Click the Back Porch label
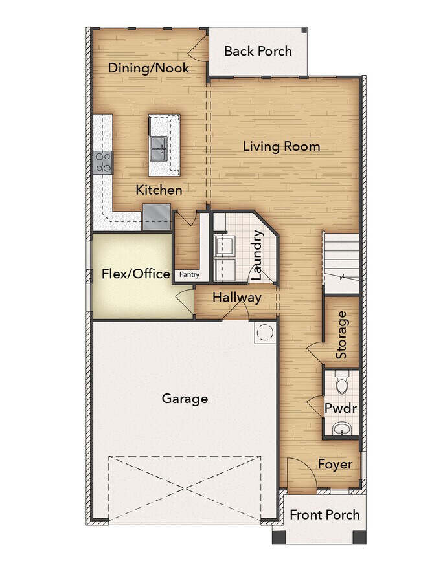click(x=258, y=51)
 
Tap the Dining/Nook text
click(x=148, y=68)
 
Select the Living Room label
click(x=282, y=147)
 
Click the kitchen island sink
click(x=158, y=149)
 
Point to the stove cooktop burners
click(x=104, y=162)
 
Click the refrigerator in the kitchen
click(x=157, y=217)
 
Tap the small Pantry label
click(x=189, y=274)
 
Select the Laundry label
click(x=256, y=255)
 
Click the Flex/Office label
click(x=135, y=274)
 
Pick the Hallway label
click(x=237, y=297)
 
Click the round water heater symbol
click(x=264, y=333)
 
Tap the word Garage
click(x=185, y=399)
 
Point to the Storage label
click(x=341, y=335)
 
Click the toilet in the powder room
click(x=342, y=382)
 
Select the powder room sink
click(x=342, y=428)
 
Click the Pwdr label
click(x=340, y=408)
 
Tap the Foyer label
click(x=335, y=464)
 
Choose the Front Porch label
click(x=324, y=514)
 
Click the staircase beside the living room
click(x=341, y=263)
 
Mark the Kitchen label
click(x=159, y=190)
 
